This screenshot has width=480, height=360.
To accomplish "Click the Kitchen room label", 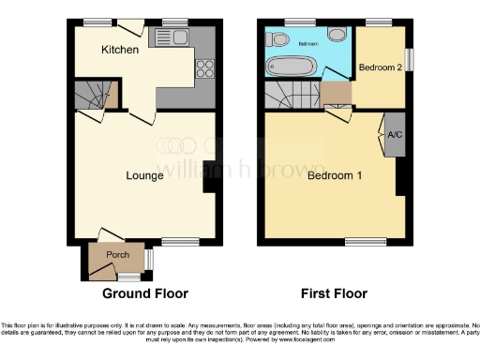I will [x=121, y=49].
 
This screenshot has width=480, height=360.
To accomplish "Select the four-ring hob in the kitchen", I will [x=203, y=67].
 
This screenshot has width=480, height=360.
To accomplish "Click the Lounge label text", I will [x=144, y=174].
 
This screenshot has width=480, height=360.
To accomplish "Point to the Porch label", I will [x=117, y=255].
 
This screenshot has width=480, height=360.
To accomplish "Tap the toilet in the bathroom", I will [x=278, y=40].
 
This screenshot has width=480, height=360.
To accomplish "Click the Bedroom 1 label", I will [x=335, y=175].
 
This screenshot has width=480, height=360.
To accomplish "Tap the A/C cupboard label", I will [x=395, y=133].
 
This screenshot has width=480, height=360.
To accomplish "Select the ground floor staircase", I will [x=94, y=94].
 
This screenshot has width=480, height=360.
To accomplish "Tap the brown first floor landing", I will [x=336, y=95].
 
